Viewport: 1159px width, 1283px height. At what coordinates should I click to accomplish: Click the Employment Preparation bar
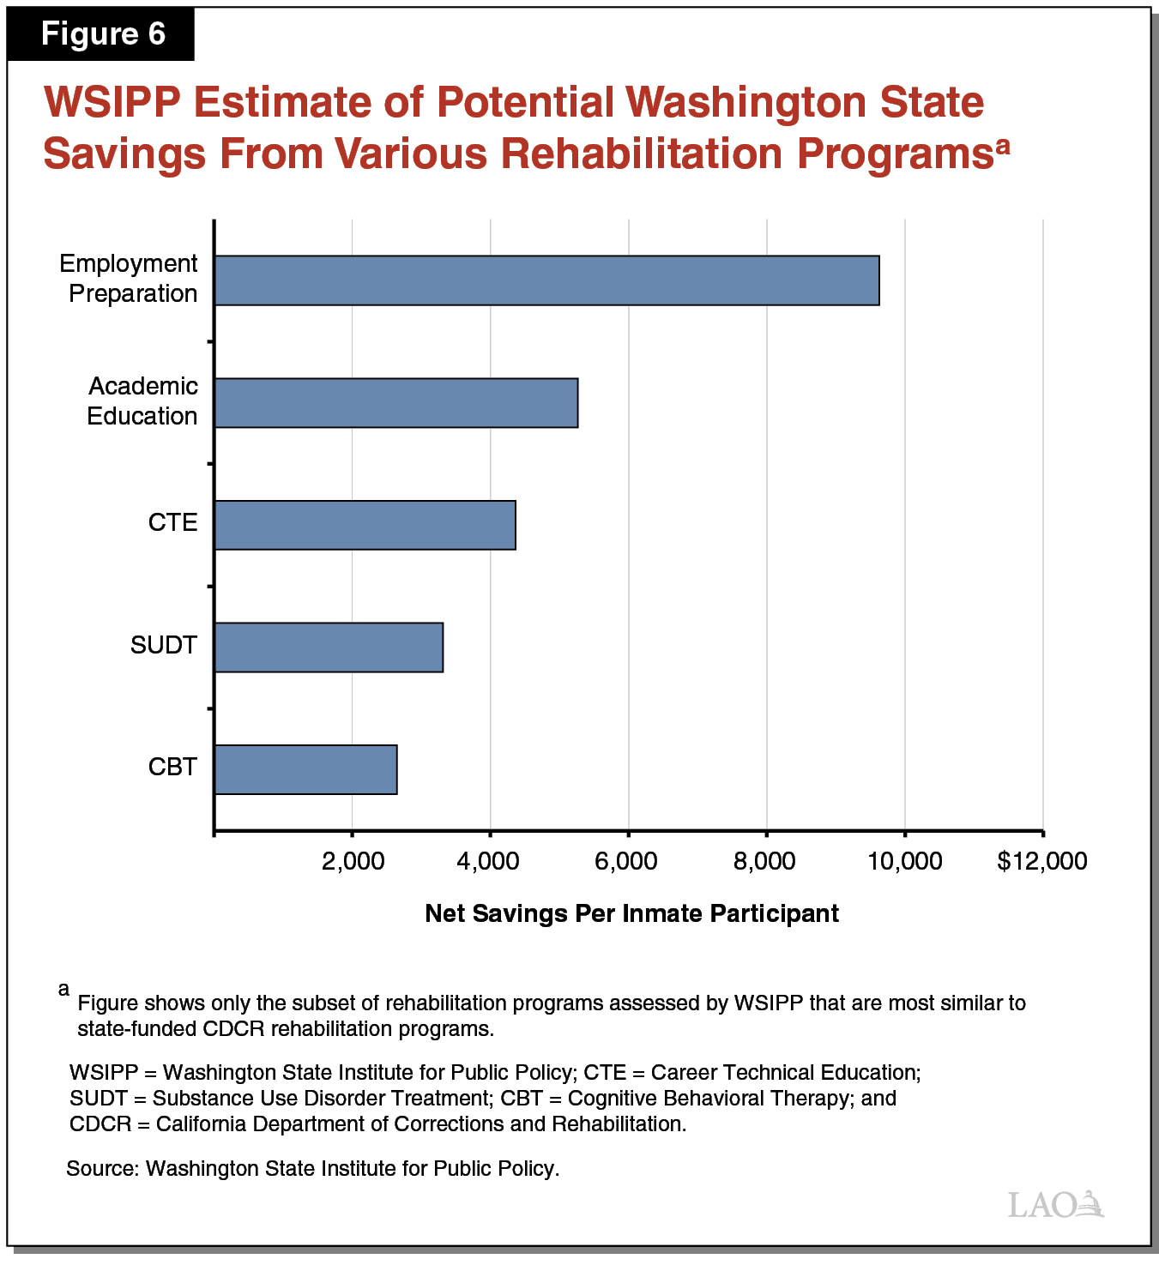tap(546, 280)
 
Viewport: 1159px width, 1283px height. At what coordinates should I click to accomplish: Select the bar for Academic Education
tap(395, 403)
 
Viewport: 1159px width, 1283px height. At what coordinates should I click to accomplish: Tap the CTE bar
tap(365, 525)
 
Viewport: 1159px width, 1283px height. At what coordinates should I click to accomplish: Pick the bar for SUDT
tap(329, 648)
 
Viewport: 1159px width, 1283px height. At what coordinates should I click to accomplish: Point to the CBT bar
tap(305, 769)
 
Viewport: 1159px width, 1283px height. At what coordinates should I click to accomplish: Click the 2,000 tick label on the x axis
tap(353, 861)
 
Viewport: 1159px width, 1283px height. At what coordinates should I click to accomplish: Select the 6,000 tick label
tap(626, 861)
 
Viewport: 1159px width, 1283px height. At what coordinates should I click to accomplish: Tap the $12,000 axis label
tap(1041, 861)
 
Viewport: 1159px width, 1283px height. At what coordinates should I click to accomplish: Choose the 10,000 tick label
tap(904, 861)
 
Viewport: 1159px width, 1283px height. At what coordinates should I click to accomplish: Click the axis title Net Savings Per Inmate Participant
tap(631, 913)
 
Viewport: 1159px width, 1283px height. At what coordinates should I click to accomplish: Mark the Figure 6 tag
tap(103, 34)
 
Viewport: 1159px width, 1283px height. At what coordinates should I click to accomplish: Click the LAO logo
tap(1055, 1204)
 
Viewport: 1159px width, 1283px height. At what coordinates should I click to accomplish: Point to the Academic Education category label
tap(142, 401)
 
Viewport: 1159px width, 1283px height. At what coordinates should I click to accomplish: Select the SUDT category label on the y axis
tap(164, 645)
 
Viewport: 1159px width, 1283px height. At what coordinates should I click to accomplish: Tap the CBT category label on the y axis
tap(172, 767)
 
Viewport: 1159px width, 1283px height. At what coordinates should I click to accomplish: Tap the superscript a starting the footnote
tap(63, 990)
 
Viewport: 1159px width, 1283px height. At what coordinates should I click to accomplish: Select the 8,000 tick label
tap(764, 861)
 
